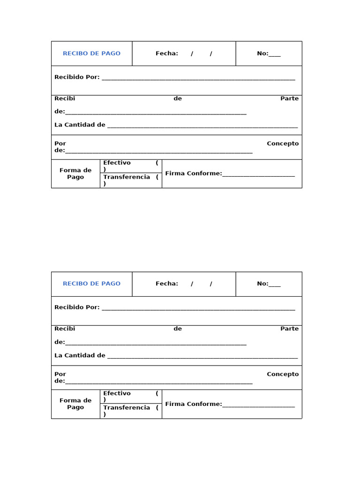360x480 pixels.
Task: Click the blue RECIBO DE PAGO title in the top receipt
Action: point(91,53)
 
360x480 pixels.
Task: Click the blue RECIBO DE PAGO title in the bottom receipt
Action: point(91,284)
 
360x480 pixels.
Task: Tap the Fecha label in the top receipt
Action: point(167,53)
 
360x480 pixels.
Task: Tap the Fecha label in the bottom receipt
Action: point(167,284)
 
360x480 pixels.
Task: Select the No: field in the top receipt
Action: point(269,53)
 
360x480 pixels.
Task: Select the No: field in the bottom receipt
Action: point(269,284)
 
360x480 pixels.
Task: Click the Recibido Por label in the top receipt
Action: point(77,77)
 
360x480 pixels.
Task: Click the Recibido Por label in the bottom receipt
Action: point(77,307)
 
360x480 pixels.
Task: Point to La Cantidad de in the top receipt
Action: point(80,125)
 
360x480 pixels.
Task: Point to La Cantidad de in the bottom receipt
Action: point(80,355)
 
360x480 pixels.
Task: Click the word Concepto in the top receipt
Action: point(283,143)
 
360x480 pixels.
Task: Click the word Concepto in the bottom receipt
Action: point(283,374)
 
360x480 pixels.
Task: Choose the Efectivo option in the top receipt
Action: point(117,163)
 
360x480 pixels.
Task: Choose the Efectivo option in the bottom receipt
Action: point(117,393)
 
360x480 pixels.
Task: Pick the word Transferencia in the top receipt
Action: point(127,177)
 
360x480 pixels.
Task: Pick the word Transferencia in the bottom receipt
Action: point(127,407)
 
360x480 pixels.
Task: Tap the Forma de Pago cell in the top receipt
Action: point(75,173)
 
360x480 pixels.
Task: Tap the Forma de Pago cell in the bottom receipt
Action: point(75,404)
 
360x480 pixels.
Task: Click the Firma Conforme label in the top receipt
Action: point(193,173)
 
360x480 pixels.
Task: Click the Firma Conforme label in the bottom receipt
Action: point(193,404)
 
